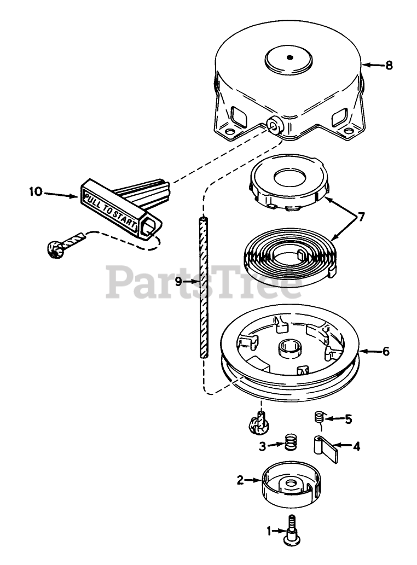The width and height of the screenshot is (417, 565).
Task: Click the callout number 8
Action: click(x=389, y=65)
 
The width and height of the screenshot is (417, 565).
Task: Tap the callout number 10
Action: click(x=36, y=192)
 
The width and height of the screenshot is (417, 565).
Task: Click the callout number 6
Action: click(x=386, y=351)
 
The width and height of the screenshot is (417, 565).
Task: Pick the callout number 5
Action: click(x=348, y=420)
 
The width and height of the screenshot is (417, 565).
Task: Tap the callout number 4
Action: click(x=356, y=446)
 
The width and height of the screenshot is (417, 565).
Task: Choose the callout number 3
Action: click(x=263, y=446)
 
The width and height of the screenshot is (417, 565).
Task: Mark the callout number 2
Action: click(x=240, y=480)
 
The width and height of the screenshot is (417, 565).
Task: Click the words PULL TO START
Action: click(x=108, y=206)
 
